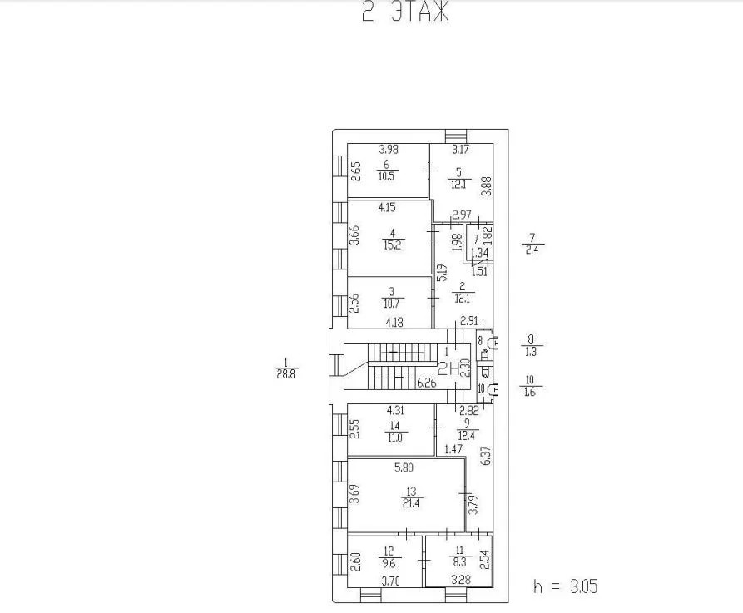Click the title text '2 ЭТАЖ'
[x=405, y=12]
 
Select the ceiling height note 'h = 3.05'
[x=565, y=586]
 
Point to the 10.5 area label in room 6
[x=387, y=175]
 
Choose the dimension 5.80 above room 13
[x=406, y=468]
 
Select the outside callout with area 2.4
[x=532, y=249]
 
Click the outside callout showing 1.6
[x=530, y=392]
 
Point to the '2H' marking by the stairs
[x=450, y=372]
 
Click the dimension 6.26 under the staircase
[x=427, y=383]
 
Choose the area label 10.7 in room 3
[x=392, y=304]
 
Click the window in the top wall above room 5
[x=456, y=136]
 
